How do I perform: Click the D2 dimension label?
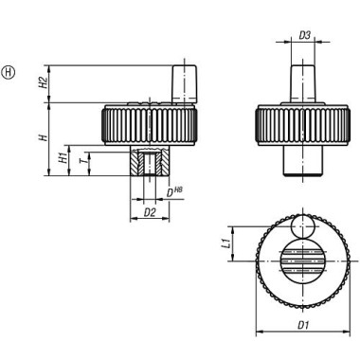147,214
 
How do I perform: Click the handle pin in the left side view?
184,82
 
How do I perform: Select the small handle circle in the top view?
303,227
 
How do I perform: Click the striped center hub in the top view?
303,261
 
